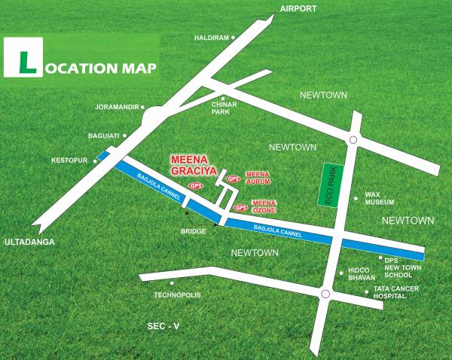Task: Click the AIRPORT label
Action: click(298, 8)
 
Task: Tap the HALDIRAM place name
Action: click(211, 37)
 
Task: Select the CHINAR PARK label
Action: click(221, 108)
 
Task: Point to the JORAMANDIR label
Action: click(116, 106)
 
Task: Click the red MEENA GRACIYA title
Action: click(194, 164)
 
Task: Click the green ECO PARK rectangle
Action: click(328, 185)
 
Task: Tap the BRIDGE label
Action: click(194, 231)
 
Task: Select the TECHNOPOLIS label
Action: click(177, 294)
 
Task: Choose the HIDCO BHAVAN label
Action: click(362, 275)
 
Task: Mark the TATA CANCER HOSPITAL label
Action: click(389, 292)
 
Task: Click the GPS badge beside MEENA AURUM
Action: click(234, 178)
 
